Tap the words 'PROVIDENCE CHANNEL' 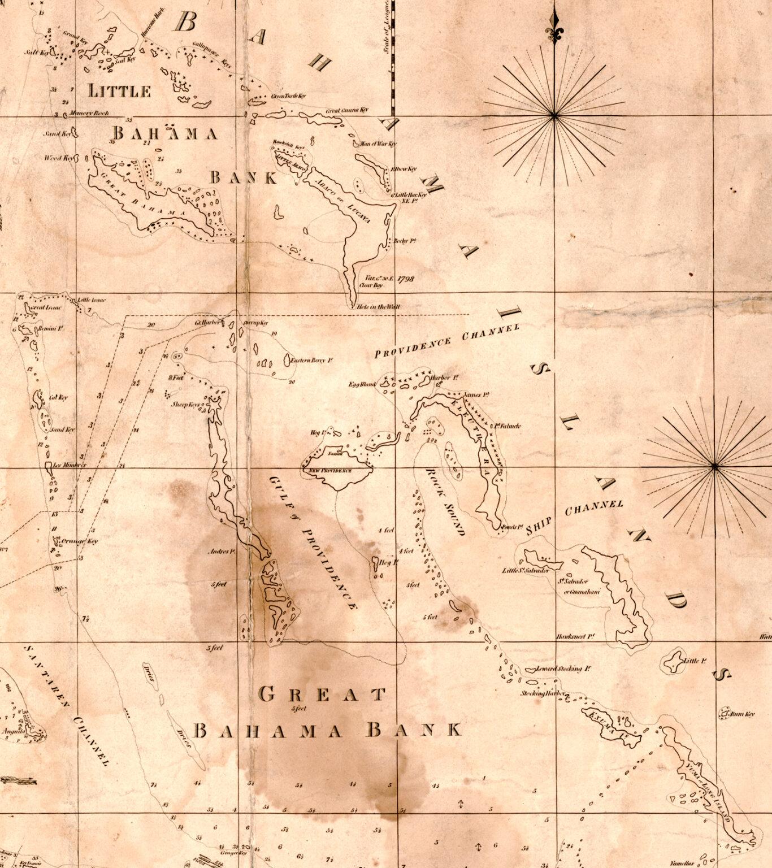[x=447, y=341]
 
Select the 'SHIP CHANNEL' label [x=575, y=517]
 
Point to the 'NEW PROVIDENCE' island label [x=329, y=471]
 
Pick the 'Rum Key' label [x=743, y=714]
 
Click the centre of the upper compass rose [x=554, y=115]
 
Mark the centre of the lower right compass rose [x=715, y=466]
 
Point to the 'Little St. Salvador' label [x=526, y=571]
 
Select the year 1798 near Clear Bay [x=406, y=279]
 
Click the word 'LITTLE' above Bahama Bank [x=120, y=91]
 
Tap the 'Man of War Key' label [x=379, y=144]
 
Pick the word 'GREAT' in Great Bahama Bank [x=322, y=694]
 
